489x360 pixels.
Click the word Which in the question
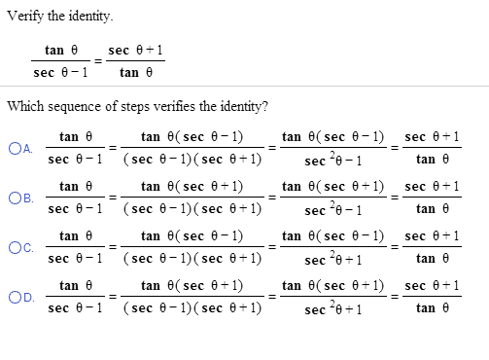(x=24, y=106)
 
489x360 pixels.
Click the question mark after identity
(x=267, y=106)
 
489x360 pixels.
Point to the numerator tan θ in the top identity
(x=61, y=49)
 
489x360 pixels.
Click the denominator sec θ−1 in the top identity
(x=61, y=71)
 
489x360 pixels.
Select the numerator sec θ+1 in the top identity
(x=135, y=49)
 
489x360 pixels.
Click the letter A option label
(x=26, y=148)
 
